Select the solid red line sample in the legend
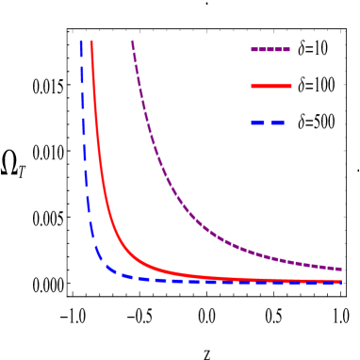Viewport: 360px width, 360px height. pyautogui.click(x=271, y=87)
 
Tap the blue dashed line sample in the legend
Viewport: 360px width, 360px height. pyautogui.click(x=268, y=123)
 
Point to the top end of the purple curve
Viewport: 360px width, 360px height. pyautogui.click(x=132, y=41)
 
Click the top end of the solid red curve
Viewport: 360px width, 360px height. pyautogui.click(x=91, y=41)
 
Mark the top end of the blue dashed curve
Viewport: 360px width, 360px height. pyautogui.click(x=81, y=41)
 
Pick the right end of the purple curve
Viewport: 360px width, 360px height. pyautogui.click(x=341, y=270)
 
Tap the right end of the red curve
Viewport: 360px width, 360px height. pyautogui.click(x=341, y=280)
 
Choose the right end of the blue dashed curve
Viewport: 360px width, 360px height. pyautogui.click(x=341, y=282)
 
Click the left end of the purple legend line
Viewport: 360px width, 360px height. pyautogui.click(x=252, y=50)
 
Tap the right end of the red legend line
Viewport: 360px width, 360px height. pyautogui.click(x=291, y=87)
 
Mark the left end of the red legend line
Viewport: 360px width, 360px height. pyautogui.click(x=252, y=87)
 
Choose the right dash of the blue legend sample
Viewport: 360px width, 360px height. pyautogui.click(x=277, y=123)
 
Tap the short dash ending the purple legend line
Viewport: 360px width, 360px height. pyautogui.click(x=286, y=50)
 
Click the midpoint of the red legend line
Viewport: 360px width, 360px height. pyautogui.click(x=271, y=87)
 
